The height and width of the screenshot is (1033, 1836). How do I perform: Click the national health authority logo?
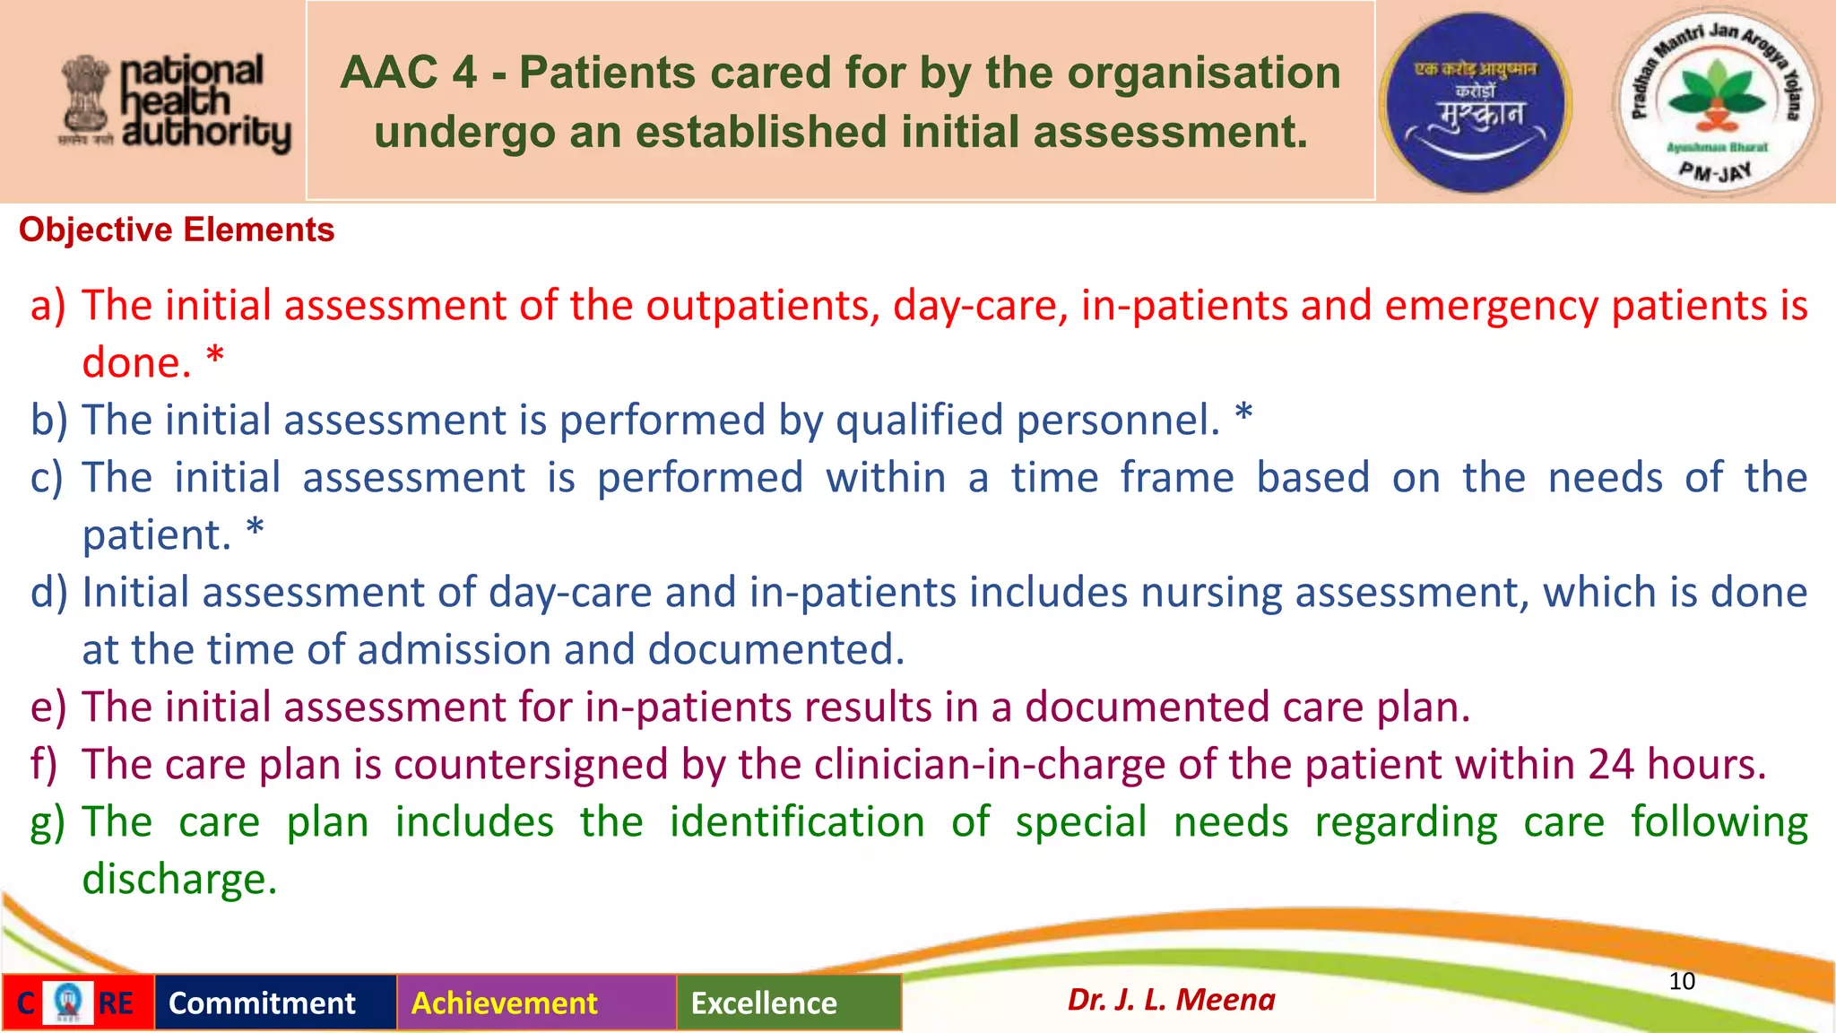tap(176, 102)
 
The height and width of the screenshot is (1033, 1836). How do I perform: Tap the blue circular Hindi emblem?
tap(1475, 103)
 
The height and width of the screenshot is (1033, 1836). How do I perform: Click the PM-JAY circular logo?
tap(1716, 103)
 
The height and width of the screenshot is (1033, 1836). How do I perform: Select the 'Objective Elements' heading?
tap(177, 230)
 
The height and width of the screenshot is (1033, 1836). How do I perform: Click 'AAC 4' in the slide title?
tap(408, 73)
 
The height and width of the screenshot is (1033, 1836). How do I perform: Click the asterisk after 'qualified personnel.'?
tap(1243, 415)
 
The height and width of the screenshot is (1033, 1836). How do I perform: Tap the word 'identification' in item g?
tap(797, 822)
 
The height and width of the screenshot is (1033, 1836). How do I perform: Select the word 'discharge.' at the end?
tap(179, 880)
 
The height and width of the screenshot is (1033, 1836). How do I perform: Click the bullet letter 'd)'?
tap(48, 593)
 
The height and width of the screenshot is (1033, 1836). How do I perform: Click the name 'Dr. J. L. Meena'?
tap(1171, 999)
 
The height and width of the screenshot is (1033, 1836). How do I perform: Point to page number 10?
tap(1682, 981)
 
